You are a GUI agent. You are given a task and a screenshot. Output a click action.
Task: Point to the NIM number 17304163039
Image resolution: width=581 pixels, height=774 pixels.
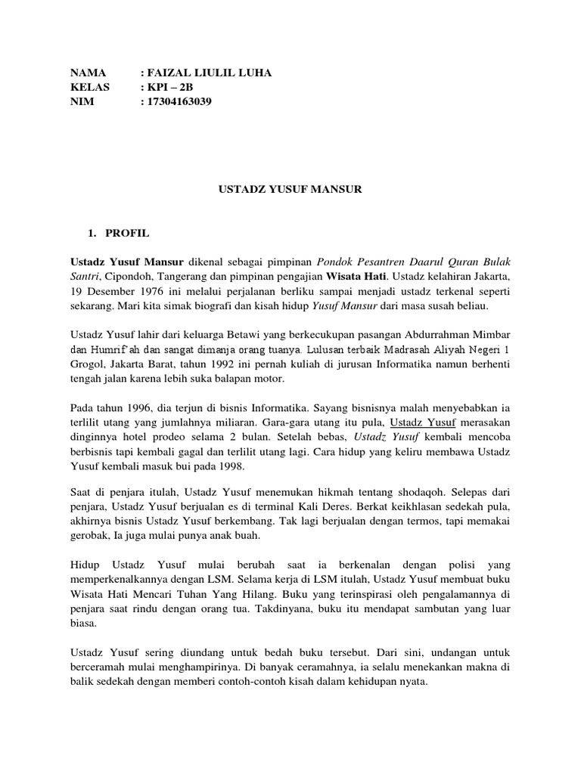181,101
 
